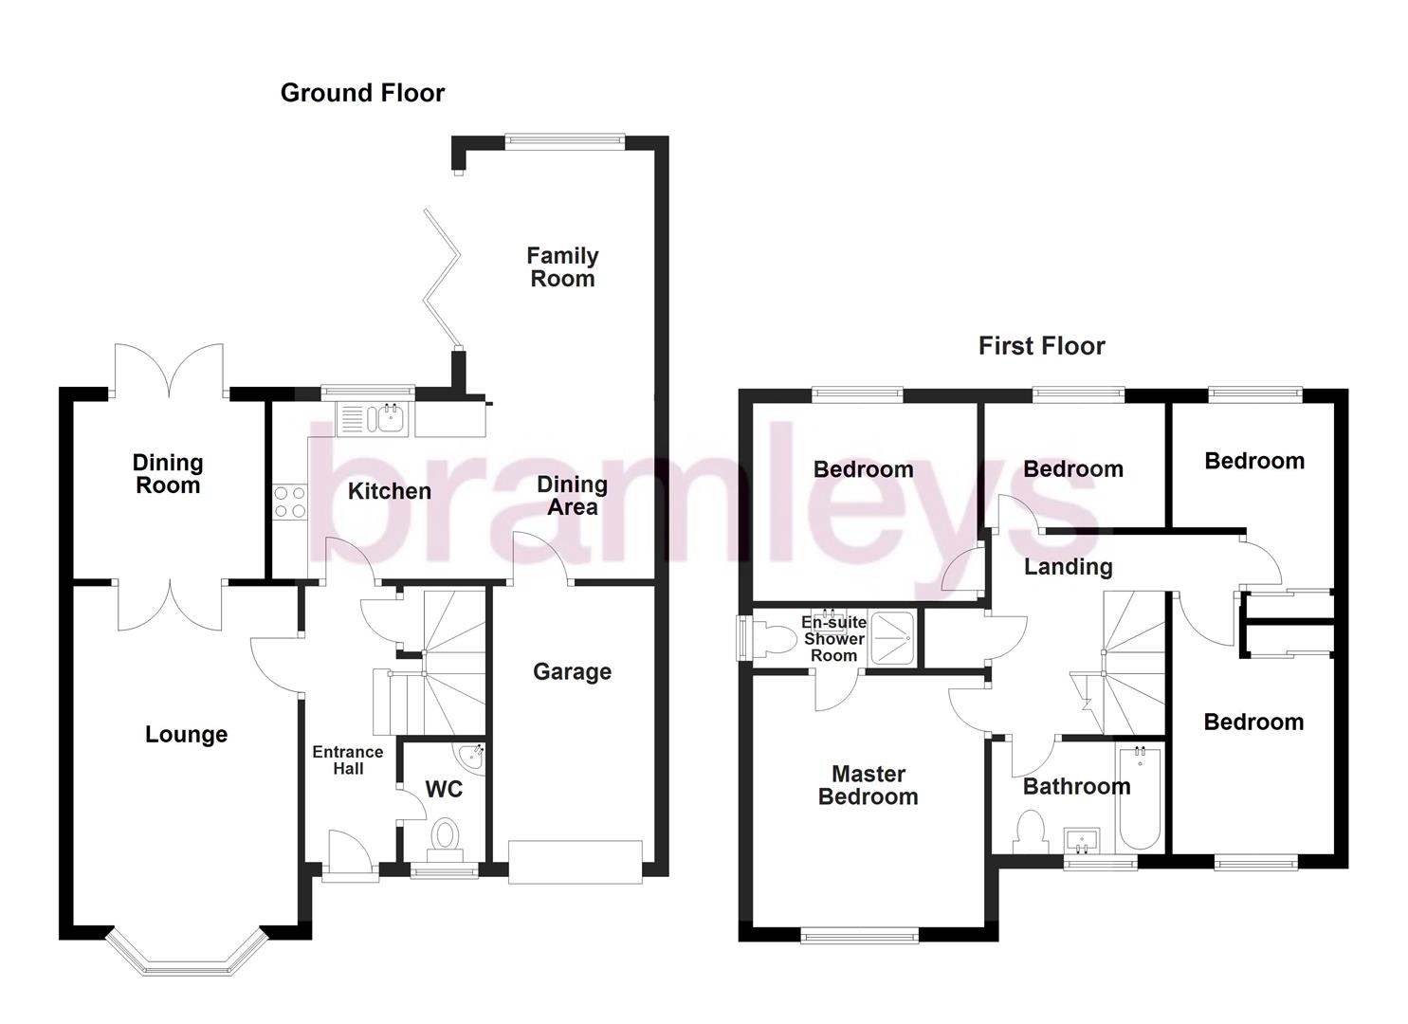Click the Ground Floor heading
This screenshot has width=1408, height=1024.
(x=362, y=93)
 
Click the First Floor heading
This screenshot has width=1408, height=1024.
(x=1041, y=346)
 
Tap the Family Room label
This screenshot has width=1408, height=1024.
(x=562, y=267)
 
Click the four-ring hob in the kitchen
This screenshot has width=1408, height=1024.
(x=290, y=502)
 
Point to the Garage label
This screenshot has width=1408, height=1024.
(x=572, y=672)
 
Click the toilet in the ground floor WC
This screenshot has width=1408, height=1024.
(x=445, y=837)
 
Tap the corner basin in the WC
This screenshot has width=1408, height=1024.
(x=471, y=756)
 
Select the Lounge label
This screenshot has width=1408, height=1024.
(x=186, y=735)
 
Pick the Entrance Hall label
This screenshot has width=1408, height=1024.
(x=348, y=760)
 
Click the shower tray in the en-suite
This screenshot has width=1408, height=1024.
(x=892, y=637)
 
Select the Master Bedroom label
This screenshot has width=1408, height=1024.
(x=868, y=786)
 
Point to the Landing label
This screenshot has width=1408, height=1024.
(x=1068, y=567)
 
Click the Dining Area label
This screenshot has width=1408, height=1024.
(x=572, y=496)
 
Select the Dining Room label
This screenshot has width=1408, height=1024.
(x=167, y=474)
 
